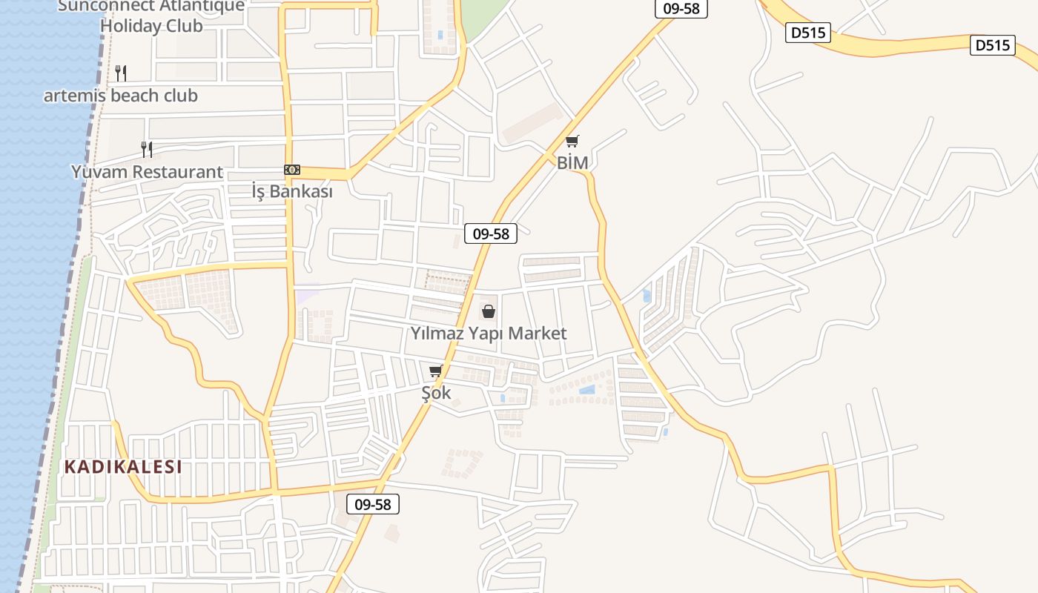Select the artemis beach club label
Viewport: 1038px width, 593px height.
[121, 96]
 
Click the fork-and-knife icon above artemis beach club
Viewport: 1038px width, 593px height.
[121, 73]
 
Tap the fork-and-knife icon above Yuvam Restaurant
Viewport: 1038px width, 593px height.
[147, 149]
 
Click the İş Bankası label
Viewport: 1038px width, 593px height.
[291, 191]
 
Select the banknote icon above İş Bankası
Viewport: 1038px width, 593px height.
[292, 170]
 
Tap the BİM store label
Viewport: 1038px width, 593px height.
[572, 162]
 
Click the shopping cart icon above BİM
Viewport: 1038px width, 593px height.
[572, 141]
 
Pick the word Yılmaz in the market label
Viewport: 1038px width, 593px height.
[437, 334]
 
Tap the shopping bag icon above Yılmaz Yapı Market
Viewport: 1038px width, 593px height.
[488, 311]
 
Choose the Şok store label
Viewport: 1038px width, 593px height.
[436, 393]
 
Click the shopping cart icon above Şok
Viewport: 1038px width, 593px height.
[435, 371]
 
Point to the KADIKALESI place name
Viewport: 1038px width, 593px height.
[123, 467]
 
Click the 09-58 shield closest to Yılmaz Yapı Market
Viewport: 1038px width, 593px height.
[491, 233]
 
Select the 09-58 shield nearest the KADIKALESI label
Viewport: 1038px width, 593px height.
[373, 505]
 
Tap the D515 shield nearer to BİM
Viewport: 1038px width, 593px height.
[808, 33]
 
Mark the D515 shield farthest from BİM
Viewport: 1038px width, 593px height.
[993, 45]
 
